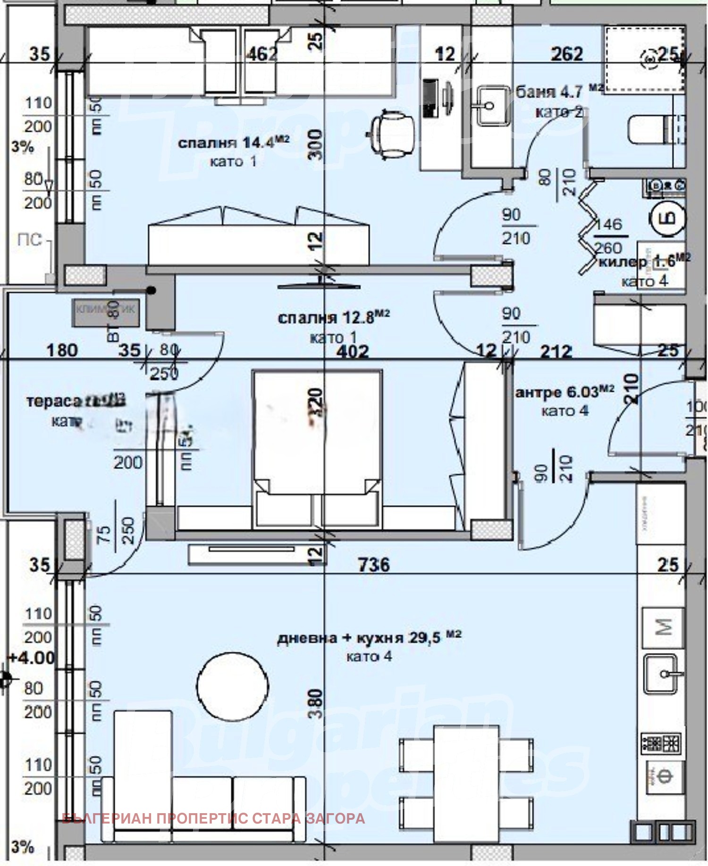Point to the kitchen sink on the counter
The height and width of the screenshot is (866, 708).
tap(662, 674)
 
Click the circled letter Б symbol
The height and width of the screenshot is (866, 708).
tap(668, 218)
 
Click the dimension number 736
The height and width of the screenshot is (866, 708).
tap(374, 564)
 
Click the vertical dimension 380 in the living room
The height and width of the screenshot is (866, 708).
tap(317, 703)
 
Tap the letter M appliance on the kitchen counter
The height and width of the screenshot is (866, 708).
tap(663, 627)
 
